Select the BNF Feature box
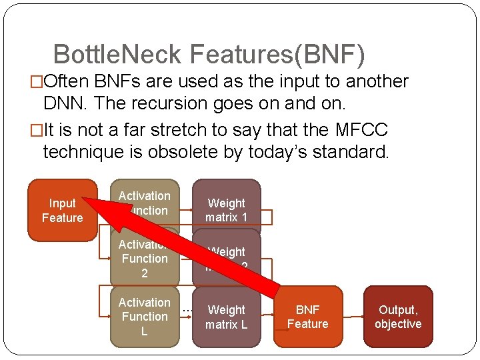point(307,317)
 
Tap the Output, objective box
point(398,317)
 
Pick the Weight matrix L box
point(227,317)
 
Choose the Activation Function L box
point(145,317)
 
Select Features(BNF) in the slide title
point(277,55)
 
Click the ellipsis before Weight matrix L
point(187,309)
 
